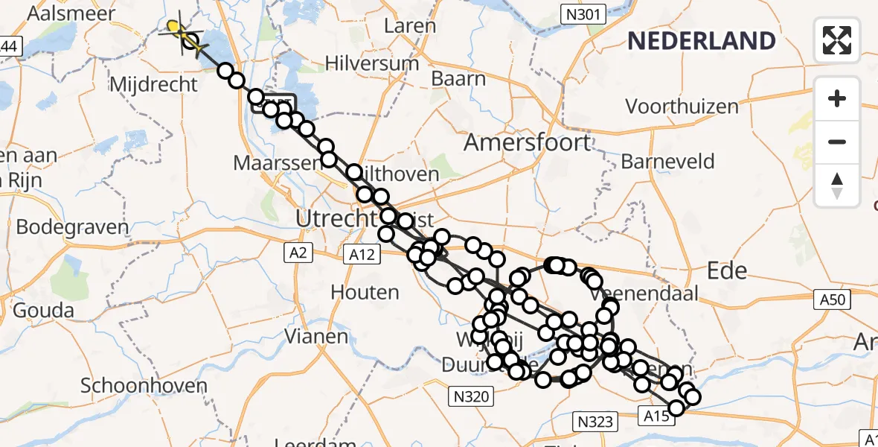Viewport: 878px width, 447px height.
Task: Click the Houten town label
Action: click(365, 292)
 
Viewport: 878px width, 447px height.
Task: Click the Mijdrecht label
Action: click(153, 84)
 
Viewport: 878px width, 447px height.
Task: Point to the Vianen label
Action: click(318, 337)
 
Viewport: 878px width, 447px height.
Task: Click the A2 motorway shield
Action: click(298, 254)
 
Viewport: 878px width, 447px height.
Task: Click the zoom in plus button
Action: click(837, 99)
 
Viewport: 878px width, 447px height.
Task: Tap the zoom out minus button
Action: click(837, 142)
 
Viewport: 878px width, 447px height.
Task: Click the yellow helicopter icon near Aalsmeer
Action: click(176, 29)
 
